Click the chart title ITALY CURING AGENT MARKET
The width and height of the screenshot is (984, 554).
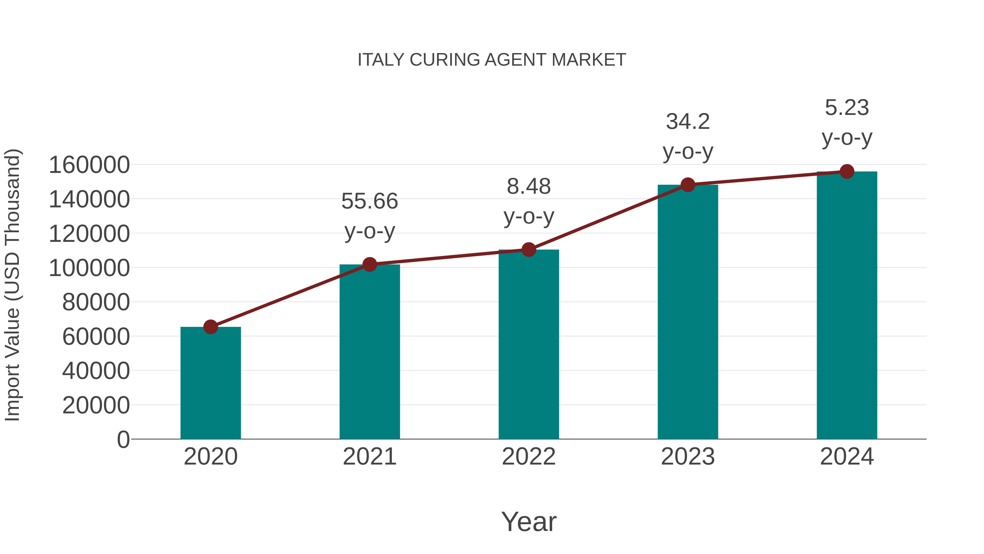coord(492,60)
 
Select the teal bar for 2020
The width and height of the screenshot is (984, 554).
coord(210,383)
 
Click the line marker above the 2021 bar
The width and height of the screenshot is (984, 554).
coord(370,264)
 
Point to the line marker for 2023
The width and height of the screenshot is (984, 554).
coord(688,185)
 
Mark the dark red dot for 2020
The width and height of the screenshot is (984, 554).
coord(210,327)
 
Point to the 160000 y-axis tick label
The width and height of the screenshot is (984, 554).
coord(89,165)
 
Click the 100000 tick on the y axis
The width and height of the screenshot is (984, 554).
coord(89,268)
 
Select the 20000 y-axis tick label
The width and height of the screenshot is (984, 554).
coord(96,405)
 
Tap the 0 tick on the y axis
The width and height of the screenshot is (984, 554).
coord(123,440)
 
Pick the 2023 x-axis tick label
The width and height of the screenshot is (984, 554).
coord(688,457)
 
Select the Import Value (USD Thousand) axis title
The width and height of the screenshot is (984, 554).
coord(12,285)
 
